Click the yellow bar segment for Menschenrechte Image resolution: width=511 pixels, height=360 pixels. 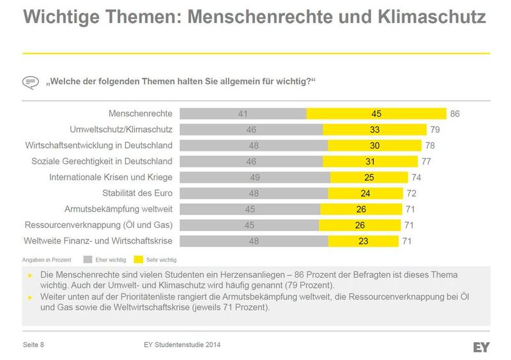pyautogui.click(x=376, y=114)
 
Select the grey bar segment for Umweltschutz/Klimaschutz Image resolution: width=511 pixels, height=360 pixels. pyautogui.click(x=251, y=130)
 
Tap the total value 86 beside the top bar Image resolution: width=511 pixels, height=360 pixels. pyautogui.click(x=455, y=114)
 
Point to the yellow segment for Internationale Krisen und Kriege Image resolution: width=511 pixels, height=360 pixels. pyautogui.click(x=368, y=177)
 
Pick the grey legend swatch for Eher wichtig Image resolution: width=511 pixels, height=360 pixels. pyautogui.click(x=88, y=260)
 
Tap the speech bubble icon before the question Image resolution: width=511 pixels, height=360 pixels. pyautogui.click(x=31, y=82)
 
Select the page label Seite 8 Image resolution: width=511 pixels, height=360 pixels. pyautogui.click(x=33, y=345)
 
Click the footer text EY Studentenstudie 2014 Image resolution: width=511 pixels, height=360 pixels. pyautogui.click(x=183, y=345)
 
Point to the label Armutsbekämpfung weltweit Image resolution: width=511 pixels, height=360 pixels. pyautogui.click(x=119, y=209)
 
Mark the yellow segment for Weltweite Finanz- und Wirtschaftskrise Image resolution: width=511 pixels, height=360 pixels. pyautogui.click(x=363, y=241)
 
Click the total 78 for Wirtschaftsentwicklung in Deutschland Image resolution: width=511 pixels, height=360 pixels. pyautogui.click(x=430, y=146)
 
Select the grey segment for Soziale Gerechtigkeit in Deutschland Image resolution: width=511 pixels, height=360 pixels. pyautogui.click(x=251, y=161)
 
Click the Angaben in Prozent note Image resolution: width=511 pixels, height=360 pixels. pyautogui.click(x=45, y=260)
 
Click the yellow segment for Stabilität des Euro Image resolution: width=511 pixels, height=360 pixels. pyautogui.click(x=365, y=193)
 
